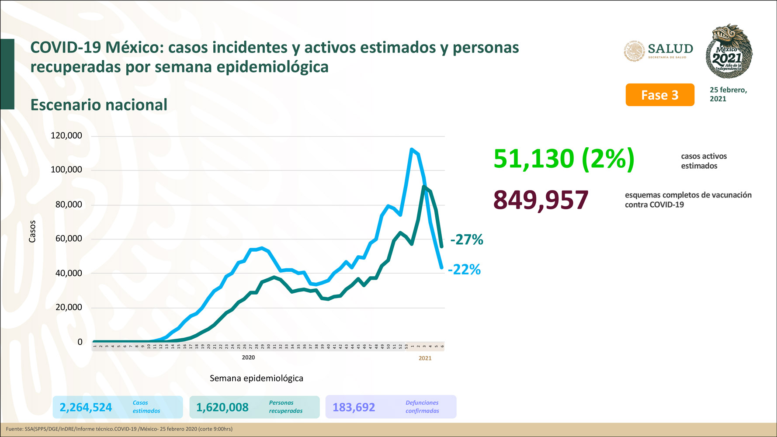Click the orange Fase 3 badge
(659, 95)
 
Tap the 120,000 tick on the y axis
(66, 135)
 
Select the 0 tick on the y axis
(80, 342)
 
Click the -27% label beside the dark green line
(467, 239)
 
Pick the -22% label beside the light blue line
(464, 269)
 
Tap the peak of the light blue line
(412, 149)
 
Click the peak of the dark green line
(424, 187)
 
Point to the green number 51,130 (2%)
(563, 158)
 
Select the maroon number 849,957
(541, 200)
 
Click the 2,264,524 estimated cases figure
(86, 407)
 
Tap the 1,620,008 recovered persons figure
(222, 407)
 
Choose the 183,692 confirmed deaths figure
(354, 407)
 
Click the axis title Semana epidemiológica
(256, 378)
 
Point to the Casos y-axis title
(32, 231)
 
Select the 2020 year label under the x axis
(248, 357)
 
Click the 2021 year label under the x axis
(425, 358)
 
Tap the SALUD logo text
(670, 49)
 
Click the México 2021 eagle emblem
(728, 51)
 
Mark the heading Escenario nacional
(99, 105)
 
